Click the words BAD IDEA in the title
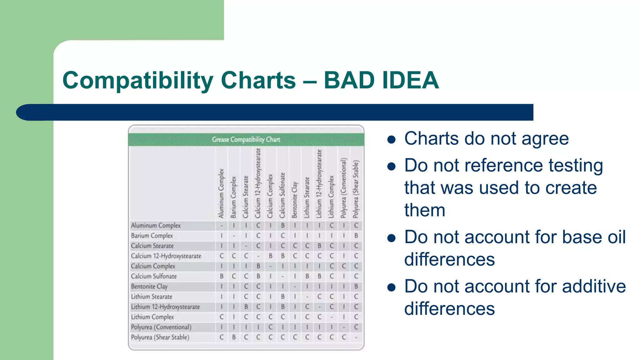[381, 80]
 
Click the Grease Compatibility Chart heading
[246, 139]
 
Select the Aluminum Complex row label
[156, 225]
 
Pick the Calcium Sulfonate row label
[154, 276]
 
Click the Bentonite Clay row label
[149, 286]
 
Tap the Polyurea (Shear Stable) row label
[160, 337]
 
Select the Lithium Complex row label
[152, 317]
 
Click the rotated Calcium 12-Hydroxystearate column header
[258, 183]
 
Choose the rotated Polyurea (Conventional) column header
[343, 187]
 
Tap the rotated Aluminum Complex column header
[221, 193]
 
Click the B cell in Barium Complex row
[356, 236]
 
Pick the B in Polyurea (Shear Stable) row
[234, 337]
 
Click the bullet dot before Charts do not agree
[391, 139]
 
